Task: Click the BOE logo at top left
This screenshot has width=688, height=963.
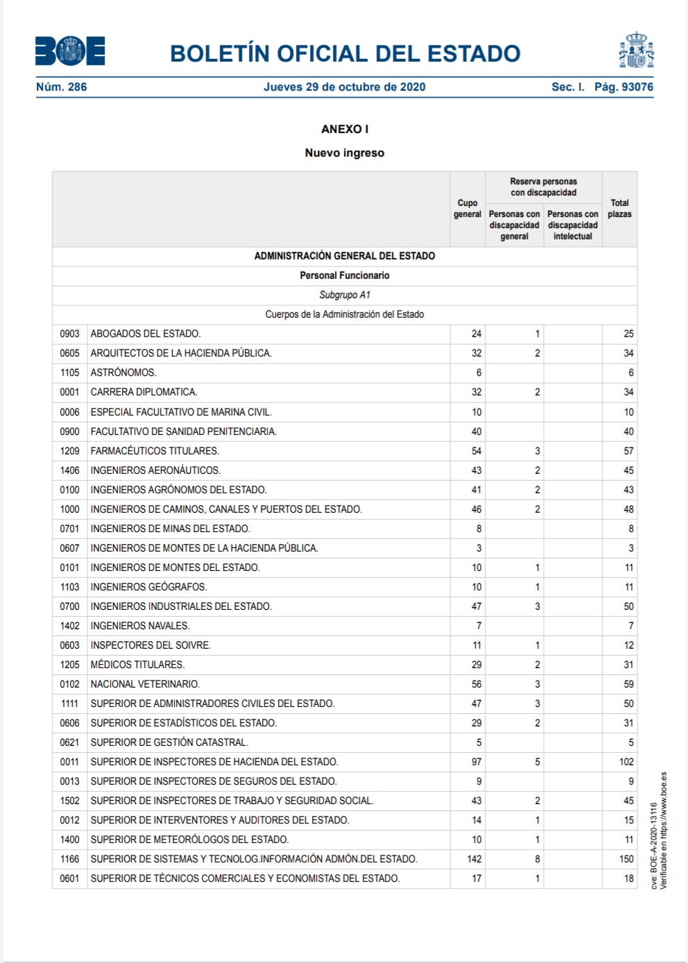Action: click(70, 51)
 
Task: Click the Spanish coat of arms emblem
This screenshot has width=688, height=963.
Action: click(636, 50)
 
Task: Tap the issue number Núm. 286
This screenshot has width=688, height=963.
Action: click(62, 87)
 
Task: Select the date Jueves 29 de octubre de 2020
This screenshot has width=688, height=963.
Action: click(344, 87)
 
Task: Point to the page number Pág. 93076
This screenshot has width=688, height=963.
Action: click(623, 87)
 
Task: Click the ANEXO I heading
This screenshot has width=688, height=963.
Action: click(345, 129)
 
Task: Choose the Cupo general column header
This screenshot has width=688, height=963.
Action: click(467, 208)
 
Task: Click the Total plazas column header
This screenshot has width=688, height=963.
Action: click(619, 208)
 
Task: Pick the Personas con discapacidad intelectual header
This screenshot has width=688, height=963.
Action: click(572, 225)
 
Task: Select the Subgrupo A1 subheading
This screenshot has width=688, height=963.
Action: click(345, 295)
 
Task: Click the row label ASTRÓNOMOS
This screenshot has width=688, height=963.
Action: click(123, 373)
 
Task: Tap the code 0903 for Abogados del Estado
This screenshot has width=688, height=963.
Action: click(69, 334)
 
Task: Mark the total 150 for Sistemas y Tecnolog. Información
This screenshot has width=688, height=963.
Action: click(626, 859)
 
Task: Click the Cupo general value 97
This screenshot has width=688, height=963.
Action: click(476, 762)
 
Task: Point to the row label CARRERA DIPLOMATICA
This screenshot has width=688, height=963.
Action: click(144, 392)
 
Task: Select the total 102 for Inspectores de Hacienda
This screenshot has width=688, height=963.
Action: click(626, 762)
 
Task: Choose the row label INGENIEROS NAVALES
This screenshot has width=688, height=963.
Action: click(140, 626)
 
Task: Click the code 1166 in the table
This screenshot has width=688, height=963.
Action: click(69, 859)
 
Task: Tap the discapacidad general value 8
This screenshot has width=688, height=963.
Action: click(537, 859)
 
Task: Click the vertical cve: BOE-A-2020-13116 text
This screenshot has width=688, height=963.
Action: click(654, 846)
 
